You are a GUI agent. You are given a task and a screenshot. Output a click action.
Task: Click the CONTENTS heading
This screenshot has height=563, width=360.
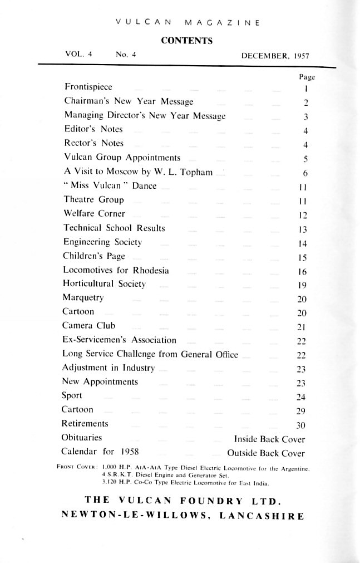click(x=186, y=40)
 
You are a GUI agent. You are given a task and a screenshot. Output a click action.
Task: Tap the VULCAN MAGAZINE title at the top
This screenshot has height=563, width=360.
click(x=186, y=22)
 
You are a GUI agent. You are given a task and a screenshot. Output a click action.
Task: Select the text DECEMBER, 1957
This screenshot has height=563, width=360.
click(x=275, y=55)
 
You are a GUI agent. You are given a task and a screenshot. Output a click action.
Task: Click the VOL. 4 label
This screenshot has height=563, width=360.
click(x=78, y=55)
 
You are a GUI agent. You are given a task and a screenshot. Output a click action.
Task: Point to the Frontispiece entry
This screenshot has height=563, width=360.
click(x=88, y=87)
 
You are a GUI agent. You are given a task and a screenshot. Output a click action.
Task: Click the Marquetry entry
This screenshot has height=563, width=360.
click(x=84, y=297)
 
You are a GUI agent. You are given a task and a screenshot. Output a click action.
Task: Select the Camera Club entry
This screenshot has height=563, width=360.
click(x=90, y=326)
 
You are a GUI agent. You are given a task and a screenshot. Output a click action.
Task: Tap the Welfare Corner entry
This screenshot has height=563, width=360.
click(x=95, y=213)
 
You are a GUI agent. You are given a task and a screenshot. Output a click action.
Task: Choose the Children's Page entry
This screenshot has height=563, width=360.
click(x=95, y=256)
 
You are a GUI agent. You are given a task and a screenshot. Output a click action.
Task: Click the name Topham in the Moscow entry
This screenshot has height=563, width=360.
click(x=197, y=172)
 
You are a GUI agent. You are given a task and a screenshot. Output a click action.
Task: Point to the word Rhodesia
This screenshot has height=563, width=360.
click(x=150, y=270)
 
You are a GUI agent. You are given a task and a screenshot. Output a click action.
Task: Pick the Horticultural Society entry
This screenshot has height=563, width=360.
click(x=105, y=283)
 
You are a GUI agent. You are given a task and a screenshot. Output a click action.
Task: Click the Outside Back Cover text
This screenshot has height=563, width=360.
click(x=266, y=453)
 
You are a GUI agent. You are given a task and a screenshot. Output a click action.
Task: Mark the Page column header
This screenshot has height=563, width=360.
click(x=300, y=78)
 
